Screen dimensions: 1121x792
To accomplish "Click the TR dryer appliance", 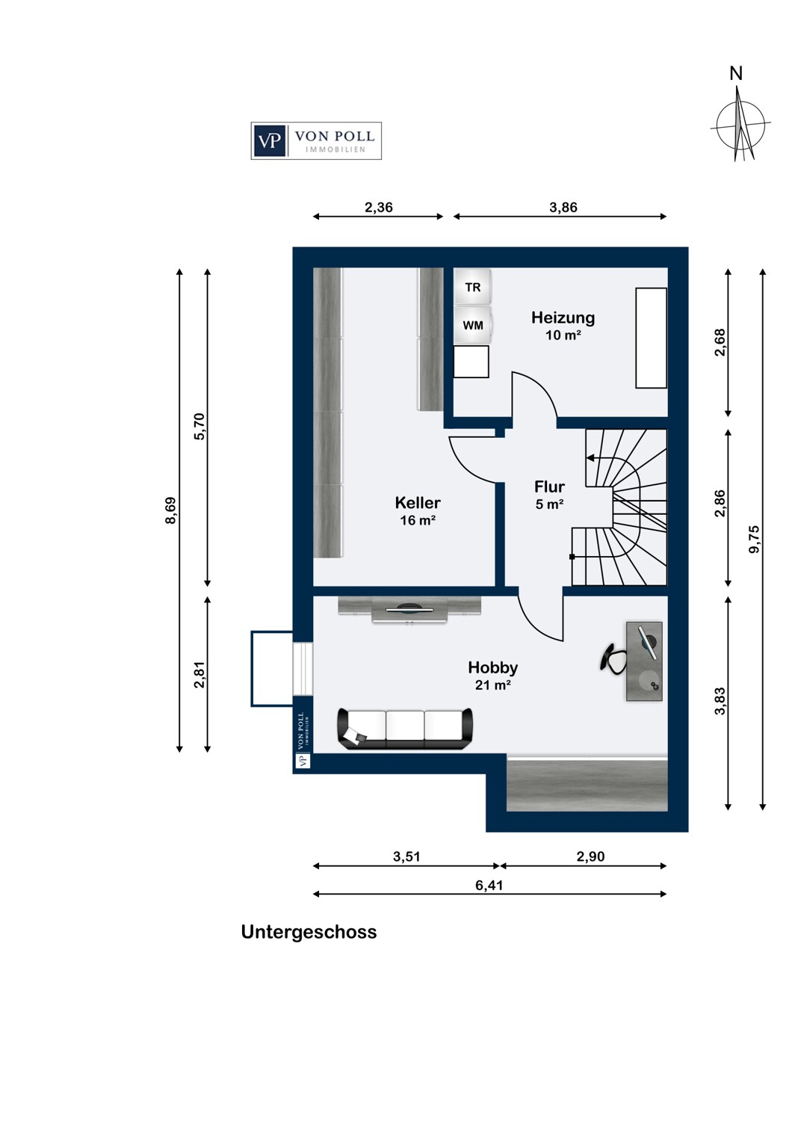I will (472, 287).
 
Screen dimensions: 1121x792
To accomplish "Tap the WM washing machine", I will (472, 325).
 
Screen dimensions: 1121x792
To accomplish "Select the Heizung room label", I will (563, 318).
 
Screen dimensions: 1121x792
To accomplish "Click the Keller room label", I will (418, 503).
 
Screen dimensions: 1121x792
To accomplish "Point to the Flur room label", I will (549, 487).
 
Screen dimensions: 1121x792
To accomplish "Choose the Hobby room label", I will (492, 667).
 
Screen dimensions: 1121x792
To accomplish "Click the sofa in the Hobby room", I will (405, 728).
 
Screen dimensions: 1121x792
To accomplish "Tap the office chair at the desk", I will (613, 658).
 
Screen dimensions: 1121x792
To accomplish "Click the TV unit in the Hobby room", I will (409, 610).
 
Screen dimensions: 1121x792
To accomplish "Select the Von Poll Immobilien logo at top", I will (316, 140).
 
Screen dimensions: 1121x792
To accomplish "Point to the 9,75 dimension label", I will (754, 540).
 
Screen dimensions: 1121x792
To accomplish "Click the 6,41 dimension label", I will (489, 886).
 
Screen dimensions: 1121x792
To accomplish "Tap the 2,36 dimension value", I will (378, 208).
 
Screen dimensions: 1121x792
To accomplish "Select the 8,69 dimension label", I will (170, 510).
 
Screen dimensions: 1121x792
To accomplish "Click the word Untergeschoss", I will (309, 932).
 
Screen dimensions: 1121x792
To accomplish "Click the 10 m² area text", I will (563, 336).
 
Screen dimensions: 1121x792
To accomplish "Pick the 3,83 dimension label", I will (720, 702).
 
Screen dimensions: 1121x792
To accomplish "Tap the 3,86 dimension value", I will (563, 208).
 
